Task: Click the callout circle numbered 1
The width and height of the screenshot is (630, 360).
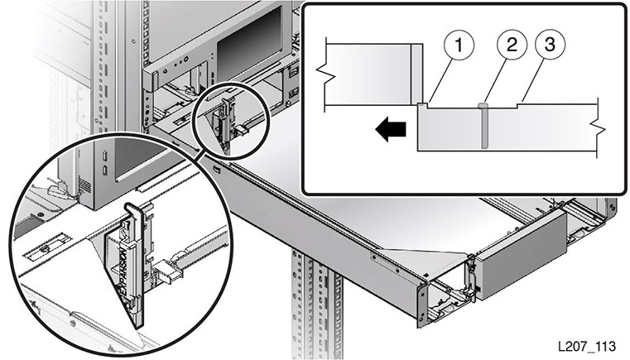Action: click(x=459, y=45)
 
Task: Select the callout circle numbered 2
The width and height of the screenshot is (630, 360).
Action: click(x=512, y=45)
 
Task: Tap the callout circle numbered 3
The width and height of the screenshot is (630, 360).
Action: click(x=550, y=44)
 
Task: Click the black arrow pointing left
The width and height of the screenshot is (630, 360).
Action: click(x=391, y=129)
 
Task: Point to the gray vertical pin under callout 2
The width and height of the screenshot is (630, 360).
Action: click(x=483, y=126)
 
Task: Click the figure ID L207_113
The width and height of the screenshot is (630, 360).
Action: click(x=586, y=346)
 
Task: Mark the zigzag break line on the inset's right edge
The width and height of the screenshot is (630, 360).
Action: click(x=598, y=128)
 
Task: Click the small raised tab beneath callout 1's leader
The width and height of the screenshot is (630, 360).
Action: click(x=422, y=105)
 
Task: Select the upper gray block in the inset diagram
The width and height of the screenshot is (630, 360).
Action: click(x=373, y=74)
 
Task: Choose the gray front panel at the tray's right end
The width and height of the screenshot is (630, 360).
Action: click(x=521, y=254)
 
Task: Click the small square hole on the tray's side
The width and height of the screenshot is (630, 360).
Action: click(x=217, y=169)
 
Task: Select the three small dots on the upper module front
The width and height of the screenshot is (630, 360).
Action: click(x=180, y=61)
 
